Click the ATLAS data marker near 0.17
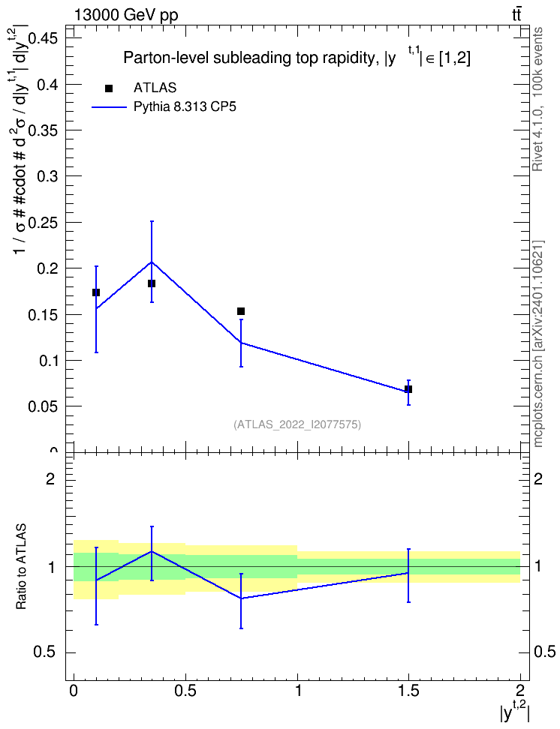click(x=96, y=292)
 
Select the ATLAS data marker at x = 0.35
click(x=152, y=283)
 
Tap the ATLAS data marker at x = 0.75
click(x=241, y=311)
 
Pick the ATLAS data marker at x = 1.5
click(x=408, y=389)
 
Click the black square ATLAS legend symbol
click(x=109, y=88)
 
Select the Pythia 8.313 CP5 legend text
click(x=185, y=107)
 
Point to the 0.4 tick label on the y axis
click(x=46, y=85)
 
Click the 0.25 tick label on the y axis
click(x=42, y=223)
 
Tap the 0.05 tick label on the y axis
click(x=42, y=406)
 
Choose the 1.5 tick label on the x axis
click(x=408, y=691)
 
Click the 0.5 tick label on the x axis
click(x=185, y=691)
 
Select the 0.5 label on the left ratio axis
click(x=45, y=652)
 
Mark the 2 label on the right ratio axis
click(x=538, y=478)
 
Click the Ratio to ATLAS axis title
click(x=21, y=567)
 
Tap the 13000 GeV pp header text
click(x=126, y=15)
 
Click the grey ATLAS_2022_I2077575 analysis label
click(x=297, y=424)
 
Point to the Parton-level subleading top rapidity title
click(x=297, y=57)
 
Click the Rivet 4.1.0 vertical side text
click(x=537, y=99)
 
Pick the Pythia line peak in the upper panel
click(x=152, y=262)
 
